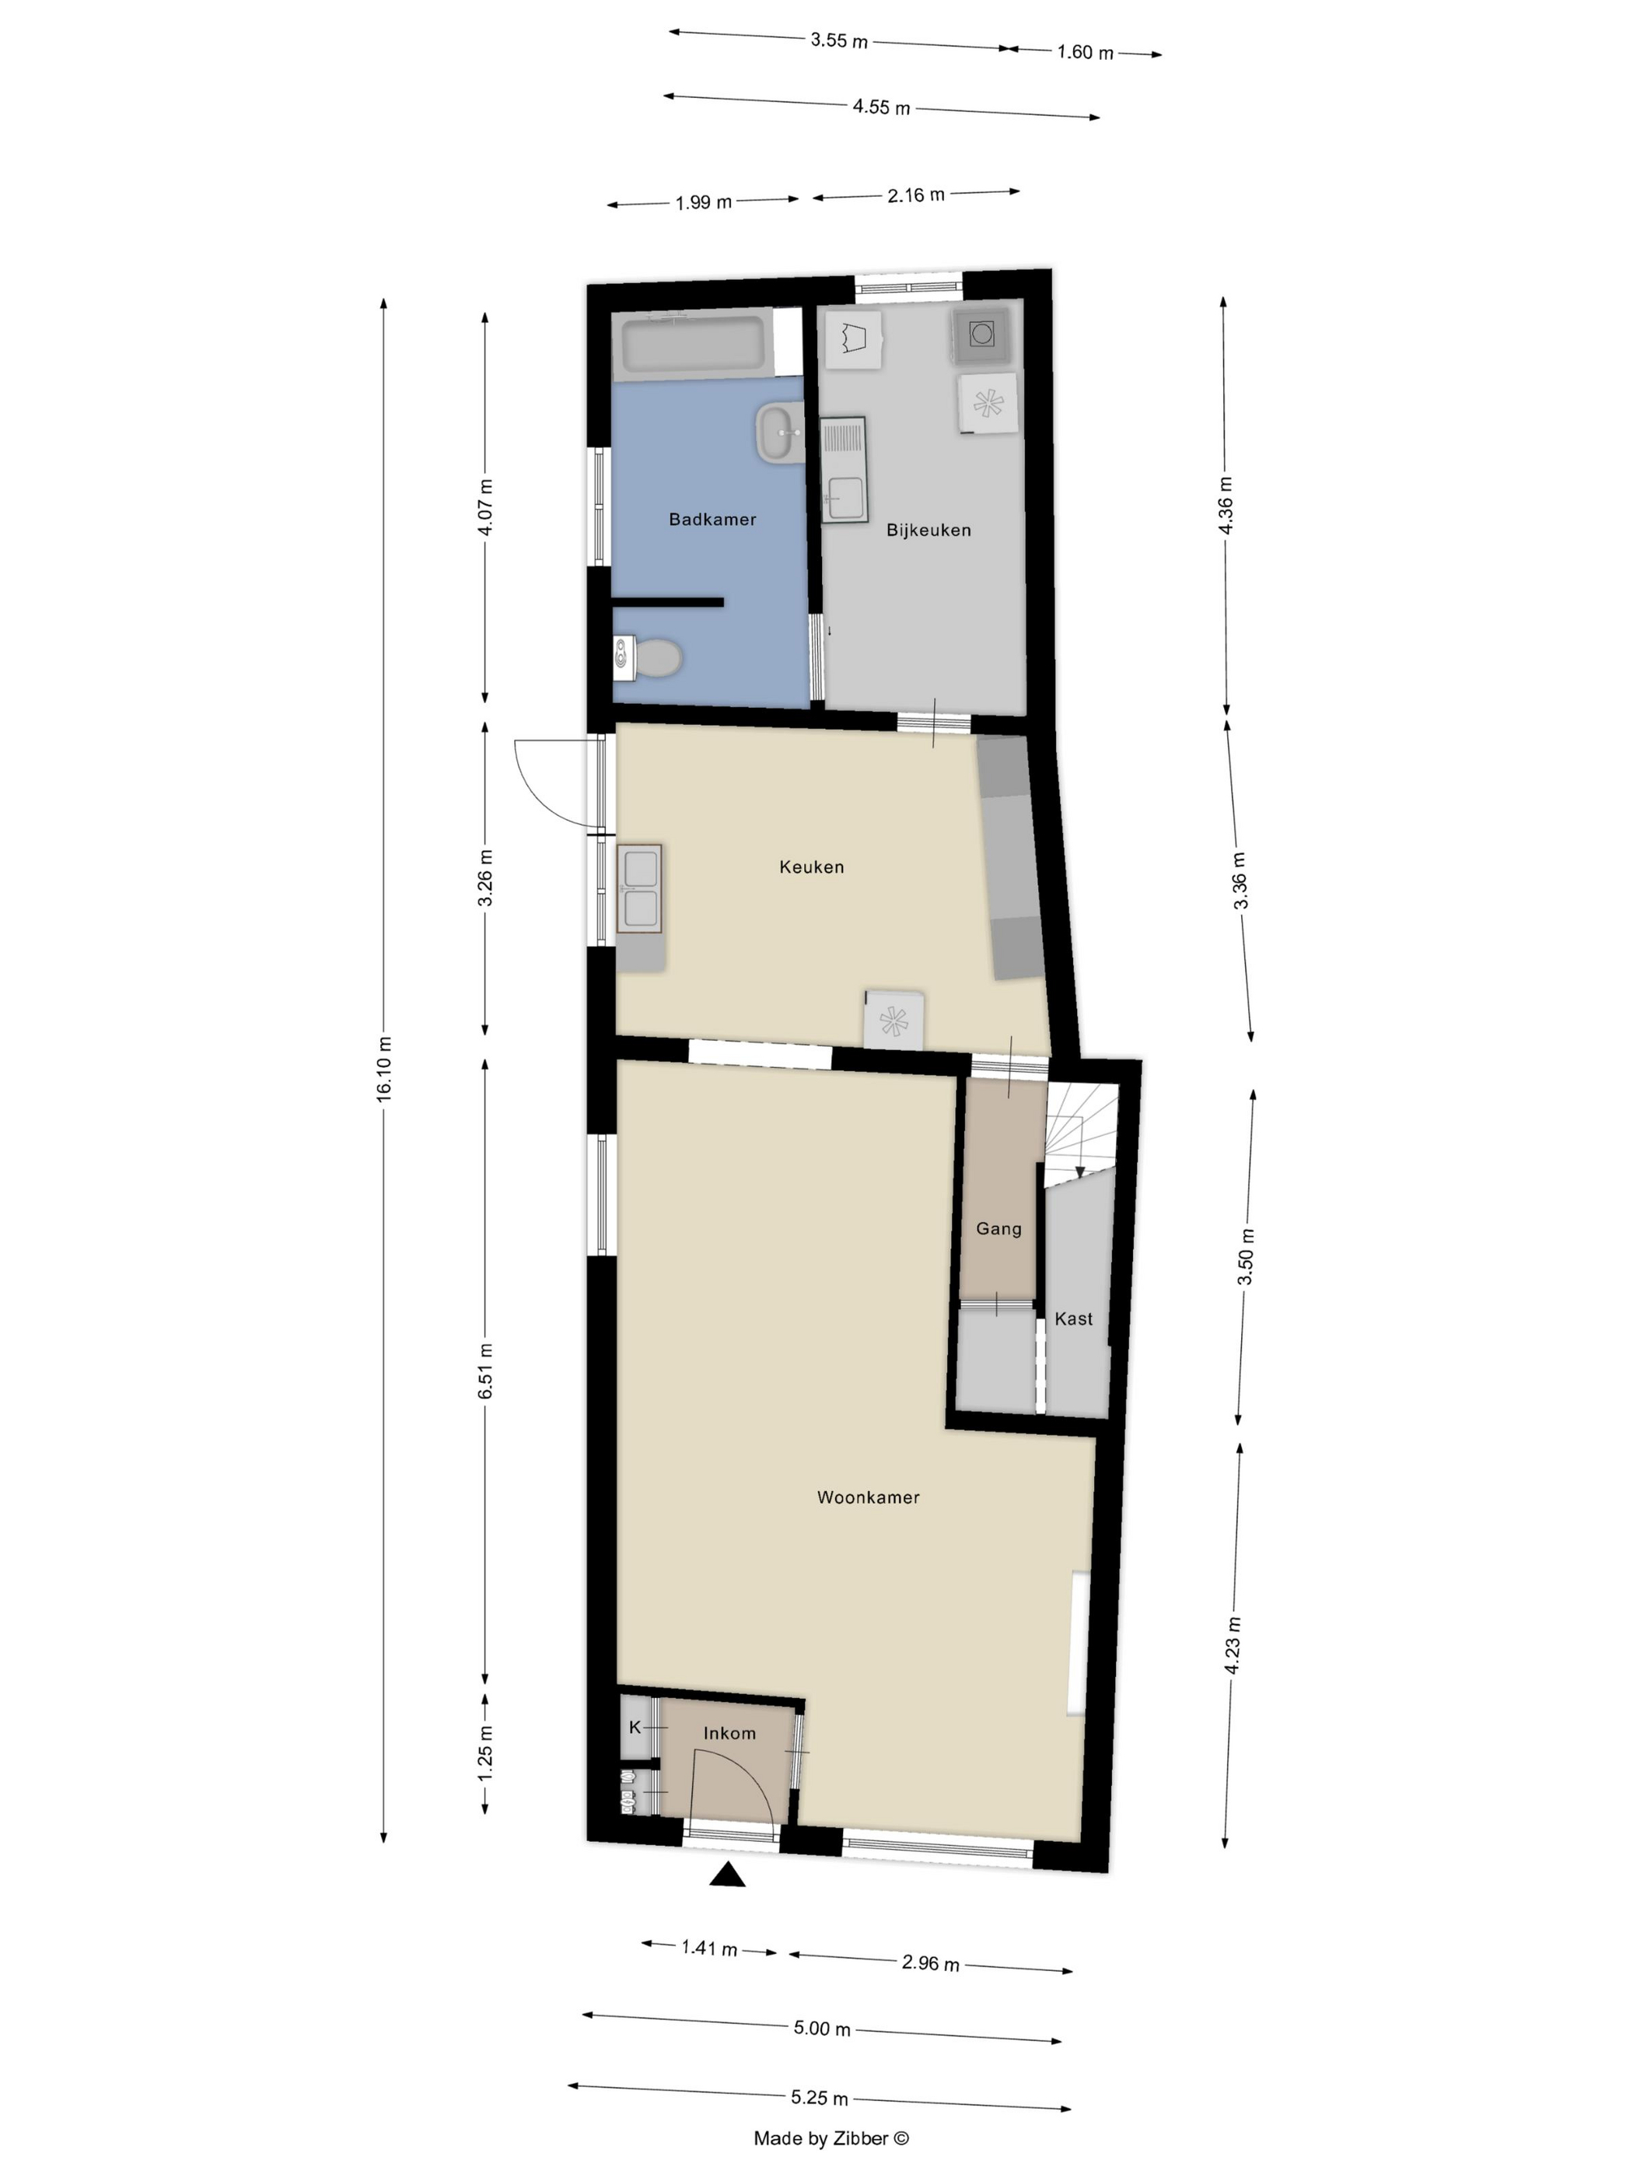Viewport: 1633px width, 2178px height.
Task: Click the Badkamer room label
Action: (x=712, y=519)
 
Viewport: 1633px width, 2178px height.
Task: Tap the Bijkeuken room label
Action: (x=928, y=530)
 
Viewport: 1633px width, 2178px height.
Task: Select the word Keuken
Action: (x=811, y=867)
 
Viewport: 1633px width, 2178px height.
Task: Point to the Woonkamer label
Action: (x=868, y=1497)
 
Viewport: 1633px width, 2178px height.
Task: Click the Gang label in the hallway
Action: (x=998, y=1229)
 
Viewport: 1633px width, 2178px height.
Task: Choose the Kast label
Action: (x=1073, y=1318)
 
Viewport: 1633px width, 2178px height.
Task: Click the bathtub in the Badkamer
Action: (x=693, y=345)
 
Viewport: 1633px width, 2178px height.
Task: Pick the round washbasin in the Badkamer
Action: (x=781, y=432)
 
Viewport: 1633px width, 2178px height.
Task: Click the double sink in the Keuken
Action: (x=640, y=888)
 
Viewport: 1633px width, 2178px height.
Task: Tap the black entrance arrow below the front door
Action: (x=727, y=1875)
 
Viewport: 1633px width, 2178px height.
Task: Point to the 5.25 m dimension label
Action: (x=819, y=2097)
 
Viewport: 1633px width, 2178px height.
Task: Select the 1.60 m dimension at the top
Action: (x=1085, y=52)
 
